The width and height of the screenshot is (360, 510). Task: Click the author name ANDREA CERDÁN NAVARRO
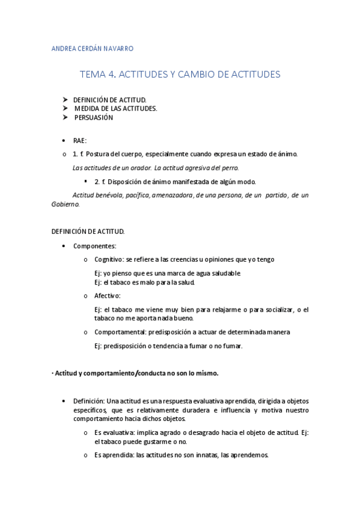pyautogui.click(x=93, y=48)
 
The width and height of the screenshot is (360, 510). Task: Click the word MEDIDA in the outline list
pyautogui.click(x=87, y=109)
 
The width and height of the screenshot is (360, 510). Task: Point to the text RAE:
pyautogui.click(x=80, y=140)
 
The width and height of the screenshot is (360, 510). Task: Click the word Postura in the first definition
pyautogui.click(x=99, y=154)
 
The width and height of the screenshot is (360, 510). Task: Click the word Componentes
pyautogui.click(x=94, y=246)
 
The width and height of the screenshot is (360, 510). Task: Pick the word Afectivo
pyautogui.click(x=107, y=295)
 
